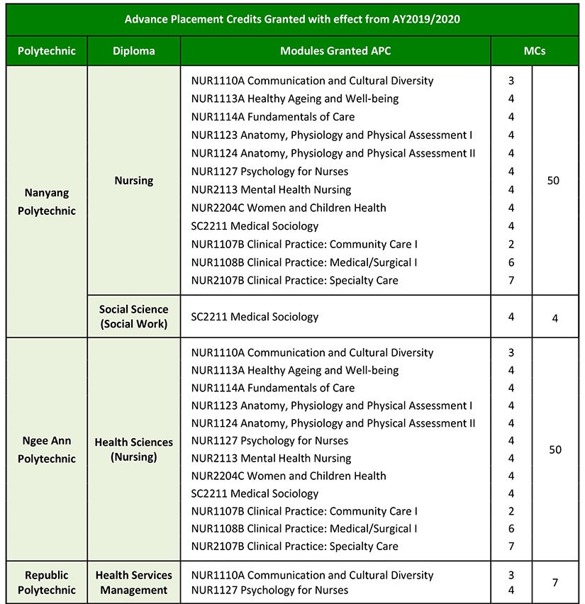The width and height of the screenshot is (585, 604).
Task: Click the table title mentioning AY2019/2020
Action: pos(292,19)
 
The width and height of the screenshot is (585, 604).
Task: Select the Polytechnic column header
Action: pos(47,51)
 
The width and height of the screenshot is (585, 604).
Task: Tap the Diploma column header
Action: pos(133,51)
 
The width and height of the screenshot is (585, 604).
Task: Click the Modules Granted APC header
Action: pos(335,51)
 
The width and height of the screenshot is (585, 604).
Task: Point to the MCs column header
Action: pos(535,51)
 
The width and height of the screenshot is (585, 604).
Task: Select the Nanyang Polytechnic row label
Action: pos(47,201)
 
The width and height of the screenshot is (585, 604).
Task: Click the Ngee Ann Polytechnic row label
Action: pos(47,449)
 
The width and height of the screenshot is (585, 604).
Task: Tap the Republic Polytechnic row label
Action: pos(47,582)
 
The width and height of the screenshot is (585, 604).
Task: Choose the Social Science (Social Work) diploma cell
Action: pos(133,317)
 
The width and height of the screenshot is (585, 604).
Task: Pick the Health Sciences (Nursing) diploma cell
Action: pos(133,449)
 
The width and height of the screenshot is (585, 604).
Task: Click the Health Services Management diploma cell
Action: pos(133,582)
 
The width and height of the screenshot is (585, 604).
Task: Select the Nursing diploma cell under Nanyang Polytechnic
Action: pos(133,181)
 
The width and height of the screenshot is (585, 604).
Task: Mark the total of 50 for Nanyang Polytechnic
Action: pos(554,181)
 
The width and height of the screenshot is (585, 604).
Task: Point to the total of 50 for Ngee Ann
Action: pos(555,449)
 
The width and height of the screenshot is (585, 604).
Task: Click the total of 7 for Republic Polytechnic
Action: pos(555,583)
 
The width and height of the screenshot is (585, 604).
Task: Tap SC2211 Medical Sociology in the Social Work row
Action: pos(255,317)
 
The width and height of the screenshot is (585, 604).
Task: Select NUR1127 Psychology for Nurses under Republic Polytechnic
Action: pos(269,590)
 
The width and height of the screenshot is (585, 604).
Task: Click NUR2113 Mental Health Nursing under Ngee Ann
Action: pos(271,458)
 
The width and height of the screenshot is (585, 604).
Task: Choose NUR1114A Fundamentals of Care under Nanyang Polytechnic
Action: pos(272,117)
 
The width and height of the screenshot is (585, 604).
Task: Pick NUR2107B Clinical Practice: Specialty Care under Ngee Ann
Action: pos(294,546)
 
